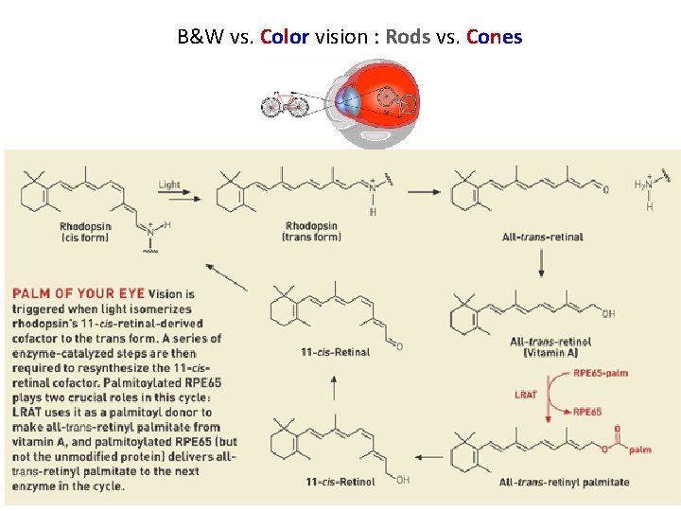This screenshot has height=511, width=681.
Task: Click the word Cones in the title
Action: tap(494, 38)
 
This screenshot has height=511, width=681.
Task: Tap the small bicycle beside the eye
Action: tap(285, 103)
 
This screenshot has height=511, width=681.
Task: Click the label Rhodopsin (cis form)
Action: tap(85, 232)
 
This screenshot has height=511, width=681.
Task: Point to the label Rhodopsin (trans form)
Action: tap(311, 232)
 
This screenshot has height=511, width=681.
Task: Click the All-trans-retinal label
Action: tap(542, 237)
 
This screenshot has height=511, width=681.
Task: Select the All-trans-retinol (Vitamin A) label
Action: tap(550, 346)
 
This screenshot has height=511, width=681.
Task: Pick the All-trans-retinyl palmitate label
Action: tap(564, 483)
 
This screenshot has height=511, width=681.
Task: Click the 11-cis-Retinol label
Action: tap(340, 482)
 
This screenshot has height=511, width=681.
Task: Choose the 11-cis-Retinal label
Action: tap(335, 352)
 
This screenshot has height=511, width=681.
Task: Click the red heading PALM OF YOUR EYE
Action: tap(79, 294)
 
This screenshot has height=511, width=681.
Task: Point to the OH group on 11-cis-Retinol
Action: tap(404, 480)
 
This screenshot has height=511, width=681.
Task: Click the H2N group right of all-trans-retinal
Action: tap(642, 185)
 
